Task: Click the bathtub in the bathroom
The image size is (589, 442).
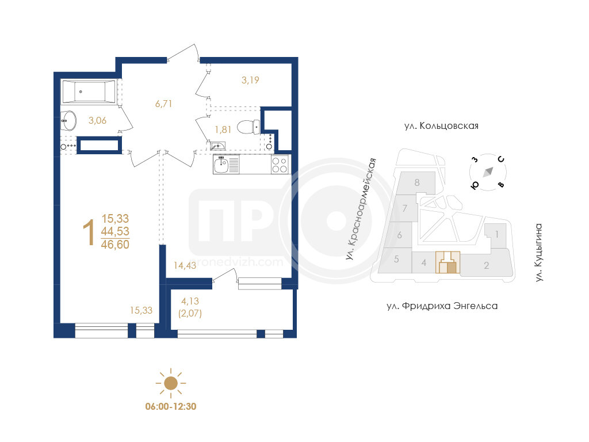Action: point(89,92)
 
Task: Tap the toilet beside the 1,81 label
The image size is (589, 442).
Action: point(248,127)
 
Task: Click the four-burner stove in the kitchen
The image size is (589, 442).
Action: point(280,165)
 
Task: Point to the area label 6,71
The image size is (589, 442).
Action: point(164,104)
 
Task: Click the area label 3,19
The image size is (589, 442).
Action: point(250,79)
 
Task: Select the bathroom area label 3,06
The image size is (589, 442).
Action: point(97,120)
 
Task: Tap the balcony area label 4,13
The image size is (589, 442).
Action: point(190,301)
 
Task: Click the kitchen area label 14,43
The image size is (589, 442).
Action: point(185,265)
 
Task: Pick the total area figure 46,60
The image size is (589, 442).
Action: point(115,245)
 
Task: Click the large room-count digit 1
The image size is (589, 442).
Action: point(89,233)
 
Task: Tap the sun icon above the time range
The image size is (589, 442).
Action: point(171,383)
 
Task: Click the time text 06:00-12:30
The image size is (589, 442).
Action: point(171,407)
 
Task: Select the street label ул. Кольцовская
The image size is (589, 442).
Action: point(441,125)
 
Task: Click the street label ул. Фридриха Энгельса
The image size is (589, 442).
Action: point(442,306)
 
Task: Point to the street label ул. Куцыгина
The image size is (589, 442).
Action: point(539,253)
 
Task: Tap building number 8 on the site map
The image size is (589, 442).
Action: point(417,182)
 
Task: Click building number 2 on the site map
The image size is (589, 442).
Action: point(487,265)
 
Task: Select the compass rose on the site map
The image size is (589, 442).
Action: point(488,172)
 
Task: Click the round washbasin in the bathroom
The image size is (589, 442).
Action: point(68,121)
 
